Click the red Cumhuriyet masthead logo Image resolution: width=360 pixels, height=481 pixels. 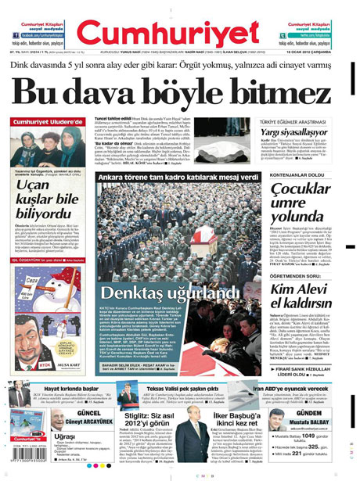179,31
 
